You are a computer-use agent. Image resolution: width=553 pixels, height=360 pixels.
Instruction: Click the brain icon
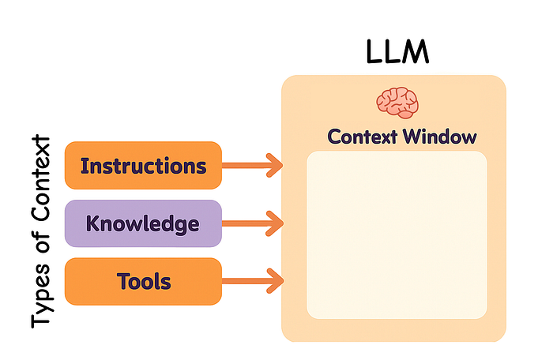(397, 102)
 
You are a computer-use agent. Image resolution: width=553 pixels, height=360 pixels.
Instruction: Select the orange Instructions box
(143, 166)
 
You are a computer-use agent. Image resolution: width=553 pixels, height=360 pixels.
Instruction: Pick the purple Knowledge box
(142, 223)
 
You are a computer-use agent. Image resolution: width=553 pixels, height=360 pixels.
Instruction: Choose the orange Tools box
(142, 281)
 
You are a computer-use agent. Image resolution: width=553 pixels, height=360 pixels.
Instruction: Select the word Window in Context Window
(439, 137)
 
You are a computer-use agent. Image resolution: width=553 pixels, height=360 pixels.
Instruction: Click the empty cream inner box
(396, 234)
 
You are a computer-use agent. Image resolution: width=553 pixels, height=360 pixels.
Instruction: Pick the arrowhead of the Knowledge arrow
(275, 223)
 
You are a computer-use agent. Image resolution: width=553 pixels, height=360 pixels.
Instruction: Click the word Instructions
(143, 167)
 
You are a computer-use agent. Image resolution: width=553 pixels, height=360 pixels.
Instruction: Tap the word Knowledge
(142, 224)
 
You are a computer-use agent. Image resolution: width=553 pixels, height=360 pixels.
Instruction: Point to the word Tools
(143, 281)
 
